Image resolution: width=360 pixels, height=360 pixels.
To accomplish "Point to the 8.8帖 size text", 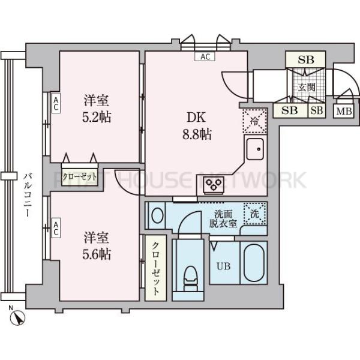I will [x=196, y=134].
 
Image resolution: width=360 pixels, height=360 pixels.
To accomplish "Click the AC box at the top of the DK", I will [x=205, y=57].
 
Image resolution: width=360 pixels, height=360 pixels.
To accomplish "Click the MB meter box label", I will [x=344, y=111].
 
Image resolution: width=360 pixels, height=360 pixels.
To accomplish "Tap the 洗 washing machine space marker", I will [x=254, y=212].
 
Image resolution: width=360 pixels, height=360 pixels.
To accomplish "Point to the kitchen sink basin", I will [x=254, y=149].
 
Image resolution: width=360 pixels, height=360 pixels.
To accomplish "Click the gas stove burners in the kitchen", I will [x=212, y=184].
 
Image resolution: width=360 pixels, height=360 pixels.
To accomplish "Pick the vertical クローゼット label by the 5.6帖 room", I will [x=155, y=268].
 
